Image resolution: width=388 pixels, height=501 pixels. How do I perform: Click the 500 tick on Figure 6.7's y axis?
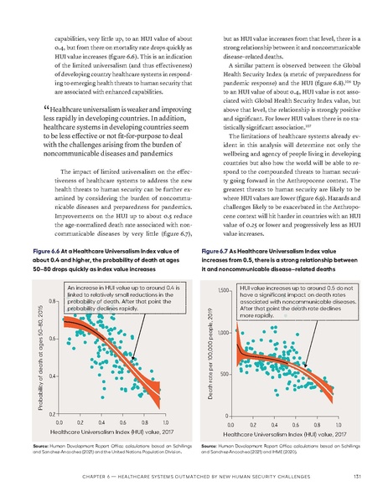point(222,372)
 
